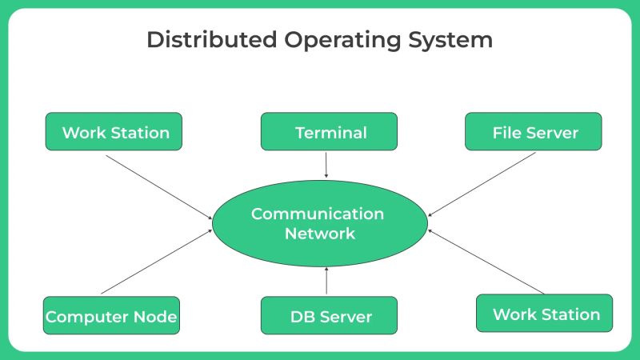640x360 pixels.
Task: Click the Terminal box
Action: pos(329,132)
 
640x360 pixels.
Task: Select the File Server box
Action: pos(534,132)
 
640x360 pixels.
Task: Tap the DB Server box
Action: pos(329,316)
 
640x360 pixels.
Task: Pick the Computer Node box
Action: pos(111,316)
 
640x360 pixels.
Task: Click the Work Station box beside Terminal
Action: pos(114,132)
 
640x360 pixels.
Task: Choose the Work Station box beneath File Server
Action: pos(545,314)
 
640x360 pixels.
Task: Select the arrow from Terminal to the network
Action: pos(326,164)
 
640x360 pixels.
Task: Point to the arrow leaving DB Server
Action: pos(326,282)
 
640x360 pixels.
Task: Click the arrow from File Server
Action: pos(482,183)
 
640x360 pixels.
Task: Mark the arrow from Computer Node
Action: pos(157,261)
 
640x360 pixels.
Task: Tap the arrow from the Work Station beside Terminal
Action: pos(159,185)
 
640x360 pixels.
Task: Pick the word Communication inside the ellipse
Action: pos(318,214)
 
